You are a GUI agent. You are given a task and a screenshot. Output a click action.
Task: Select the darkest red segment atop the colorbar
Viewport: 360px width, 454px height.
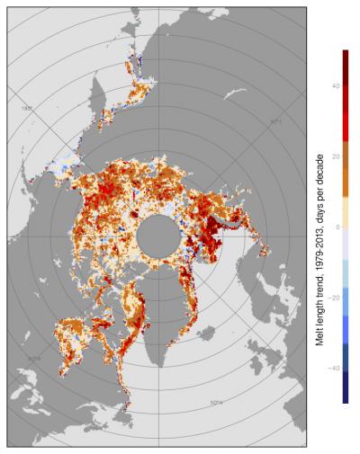(346, 61)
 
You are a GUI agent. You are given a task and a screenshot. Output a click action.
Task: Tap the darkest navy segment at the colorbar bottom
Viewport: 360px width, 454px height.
(346, 391)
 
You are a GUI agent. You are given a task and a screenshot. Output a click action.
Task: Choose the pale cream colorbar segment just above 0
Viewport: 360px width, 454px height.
(346, 212)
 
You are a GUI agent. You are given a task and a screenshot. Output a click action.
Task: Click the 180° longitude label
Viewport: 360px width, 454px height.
(28, 108)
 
